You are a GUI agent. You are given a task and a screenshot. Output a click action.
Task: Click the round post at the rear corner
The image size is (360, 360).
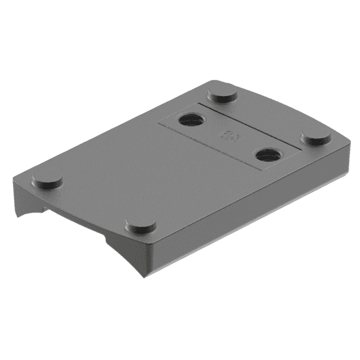click(220, 92)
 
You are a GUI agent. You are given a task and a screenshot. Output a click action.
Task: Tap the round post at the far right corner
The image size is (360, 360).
click(316, 137)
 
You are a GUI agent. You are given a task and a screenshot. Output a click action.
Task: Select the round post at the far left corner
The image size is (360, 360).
click(47, 180)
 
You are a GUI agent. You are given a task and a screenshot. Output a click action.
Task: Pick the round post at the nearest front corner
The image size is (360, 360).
click(140, 226)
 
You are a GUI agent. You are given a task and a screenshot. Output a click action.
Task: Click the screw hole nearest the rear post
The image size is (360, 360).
click(192, 120)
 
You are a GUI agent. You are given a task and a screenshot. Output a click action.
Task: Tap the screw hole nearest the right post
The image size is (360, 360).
click(267, 155)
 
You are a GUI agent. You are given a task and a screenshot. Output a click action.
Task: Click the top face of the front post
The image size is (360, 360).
click(140, 224)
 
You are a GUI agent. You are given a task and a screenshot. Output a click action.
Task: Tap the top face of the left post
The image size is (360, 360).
click(47, 178)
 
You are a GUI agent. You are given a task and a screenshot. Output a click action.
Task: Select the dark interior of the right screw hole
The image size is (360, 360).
click(268, 155)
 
